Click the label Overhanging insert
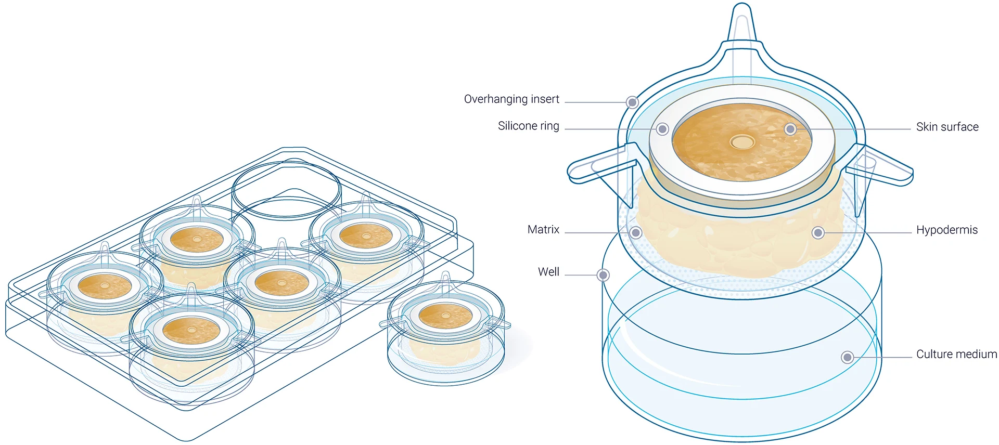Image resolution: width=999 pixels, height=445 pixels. click(511, 99)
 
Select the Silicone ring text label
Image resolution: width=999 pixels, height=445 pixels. click(528, 126)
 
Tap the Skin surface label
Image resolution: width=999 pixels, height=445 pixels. click(947, 127)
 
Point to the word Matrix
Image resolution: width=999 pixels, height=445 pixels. click(543, 230)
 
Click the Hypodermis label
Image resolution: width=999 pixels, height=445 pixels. click(946, 230)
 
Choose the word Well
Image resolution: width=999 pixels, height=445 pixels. click(548, 272)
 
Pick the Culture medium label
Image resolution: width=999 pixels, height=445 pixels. click(956, 354)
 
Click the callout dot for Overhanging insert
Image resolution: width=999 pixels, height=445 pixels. click(632, 102)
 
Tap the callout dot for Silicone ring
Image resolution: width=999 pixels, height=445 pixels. click(662, 129)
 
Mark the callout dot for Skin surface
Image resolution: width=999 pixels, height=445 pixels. click(790, 129)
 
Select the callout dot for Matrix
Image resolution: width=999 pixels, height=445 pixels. click(635, 232)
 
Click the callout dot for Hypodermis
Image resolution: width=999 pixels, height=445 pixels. click(818, 232)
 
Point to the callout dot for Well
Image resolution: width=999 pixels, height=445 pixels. click(603, 275)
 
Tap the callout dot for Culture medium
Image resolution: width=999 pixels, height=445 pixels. click(847, 357)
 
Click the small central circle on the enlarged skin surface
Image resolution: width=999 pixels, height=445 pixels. click(742, 141)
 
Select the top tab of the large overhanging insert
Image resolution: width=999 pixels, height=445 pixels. click(741, 26)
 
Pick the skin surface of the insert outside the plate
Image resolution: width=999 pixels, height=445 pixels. click(445, 315)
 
